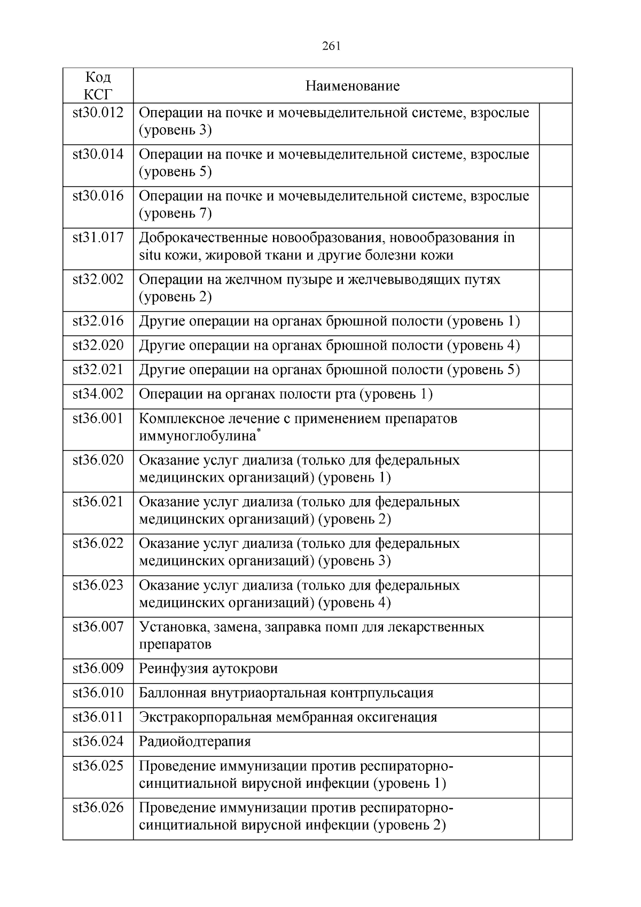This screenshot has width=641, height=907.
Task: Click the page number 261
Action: (331, 46)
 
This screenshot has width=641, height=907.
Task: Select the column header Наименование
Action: (352, 86)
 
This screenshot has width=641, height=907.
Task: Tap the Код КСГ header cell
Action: (98, 86)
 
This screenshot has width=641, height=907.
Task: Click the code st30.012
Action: (98, 113)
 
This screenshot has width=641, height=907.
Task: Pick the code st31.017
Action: (98, 237)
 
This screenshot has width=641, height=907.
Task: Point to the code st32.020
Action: (98, 345)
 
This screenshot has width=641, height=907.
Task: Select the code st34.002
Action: (98, 394)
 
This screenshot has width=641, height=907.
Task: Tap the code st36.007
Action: (98, 626)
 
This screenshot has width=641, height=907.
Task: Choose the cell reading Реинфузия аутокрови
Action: (208, 669)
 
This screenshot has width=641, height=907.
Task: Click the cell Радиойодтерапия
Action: (195, 742)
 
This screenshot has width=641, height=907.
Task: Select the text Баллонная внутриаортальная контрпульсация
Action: (286, 693)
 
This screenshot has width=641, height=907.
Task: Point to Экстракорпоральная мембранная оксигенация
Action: (288, 717)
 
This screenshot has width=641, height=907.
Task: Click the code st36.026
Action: (98, 807)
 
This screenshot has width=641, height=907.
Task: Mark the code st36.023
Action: (98, 585)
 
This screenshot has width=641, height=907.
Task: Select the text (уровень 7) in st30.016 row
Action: (175, 214)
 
